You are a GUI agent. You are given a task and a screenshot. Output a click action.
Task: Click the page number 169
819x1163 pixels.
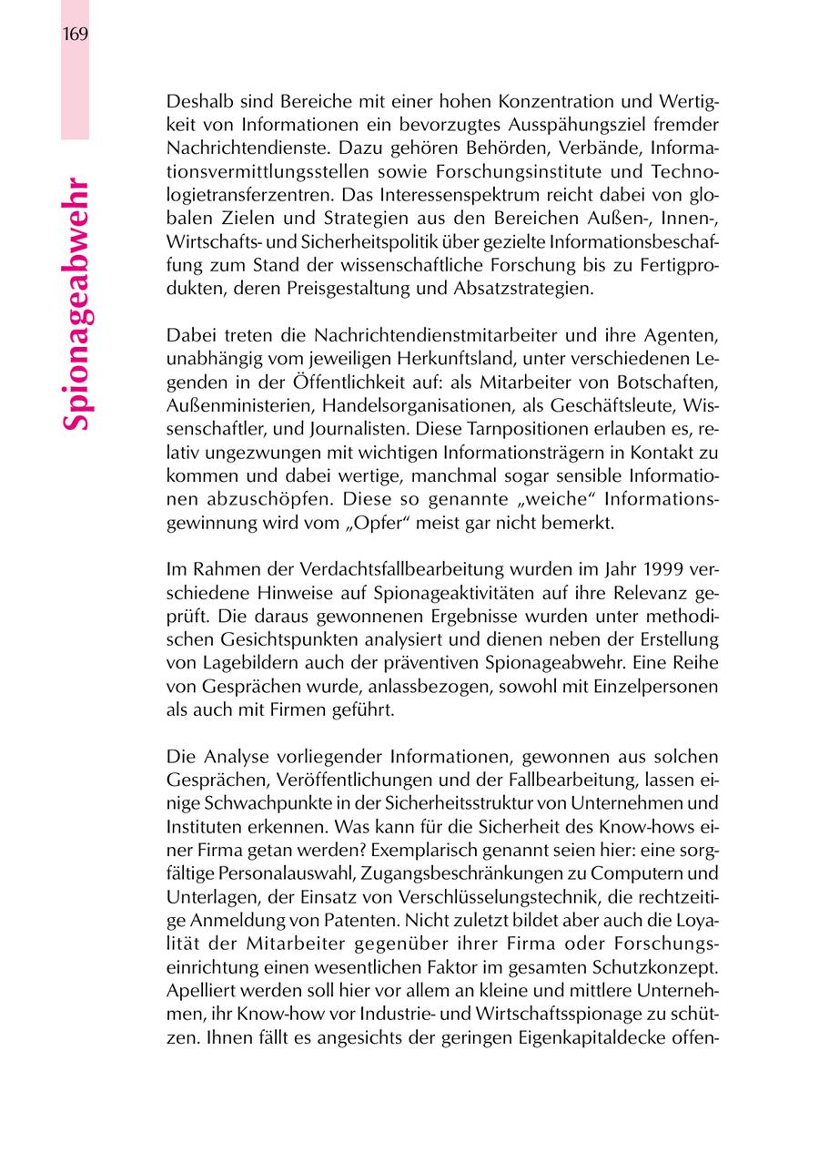75,36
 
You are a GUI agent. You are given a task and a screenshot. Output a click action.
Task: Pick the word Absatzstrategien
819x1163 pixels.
531,289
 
